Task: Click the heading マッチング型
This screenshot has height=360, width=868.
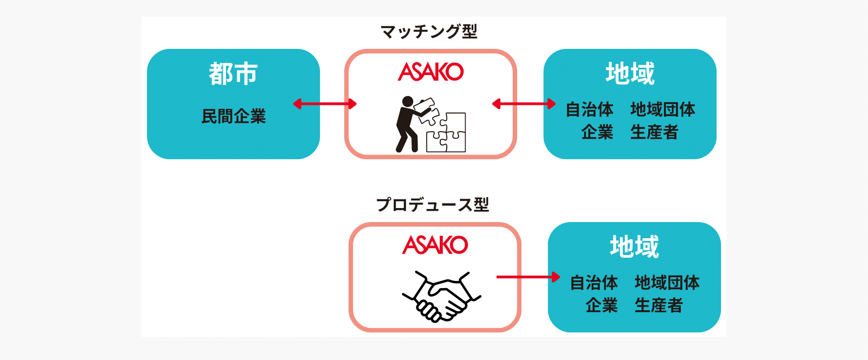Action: [429, 32]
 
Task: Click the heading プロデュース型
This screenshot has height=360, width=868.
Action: [433, 205]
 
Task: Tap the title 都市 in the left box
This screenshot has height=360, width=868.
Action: [233, 74]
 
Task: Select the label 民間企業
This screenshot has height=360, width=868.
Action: [233, 116]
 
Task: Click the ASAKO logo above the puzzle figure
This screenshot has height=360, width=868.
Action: [431, 72]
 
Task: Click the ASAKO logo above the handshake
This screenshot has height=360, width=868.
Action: [435, 245]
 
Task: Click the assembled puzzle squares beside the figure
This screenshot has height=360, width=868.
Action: [447, 133]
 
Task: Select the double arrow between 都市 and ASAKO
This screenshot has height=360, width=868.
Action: [325, 104]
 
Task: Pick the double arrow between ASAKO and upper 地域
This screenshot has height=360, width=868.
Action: [524, 104]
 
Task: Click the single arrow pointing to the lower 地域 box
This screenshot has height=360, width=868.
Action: [528, 277]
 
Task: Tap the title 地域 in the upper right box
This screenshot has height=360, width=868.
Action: [630, 74]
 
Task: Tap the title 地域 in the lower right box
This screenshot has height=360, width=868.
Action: [634, 247]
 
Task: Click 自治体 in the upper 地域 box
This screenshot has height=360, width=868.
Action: [590, 109]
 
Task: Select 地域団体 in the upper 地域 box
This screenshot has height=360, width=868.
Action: [663, 109]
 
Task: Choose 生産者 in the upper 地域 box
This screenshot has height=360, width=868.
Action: [654, 132]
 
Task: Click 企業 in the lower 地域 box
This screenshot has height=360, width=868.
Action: [601, 305]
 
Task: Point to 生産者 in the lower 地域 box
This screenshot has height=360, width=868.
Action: [658, 305]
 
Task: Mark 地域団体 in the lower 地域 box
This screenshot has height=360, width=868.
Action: [667, 283]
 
